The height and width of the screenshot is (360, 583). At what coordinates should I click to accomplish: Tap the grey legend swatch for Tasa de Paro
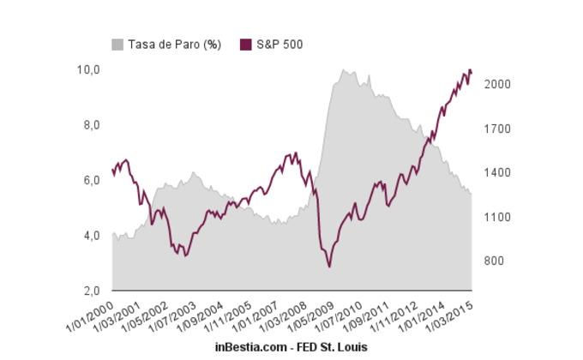pos(118,44)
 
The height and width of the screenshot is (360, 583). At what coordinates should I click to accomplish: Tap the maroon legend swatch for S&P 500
pos(247,44)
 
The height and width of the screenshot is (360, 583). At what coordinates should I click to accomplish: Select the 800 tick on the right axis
pos(494,261)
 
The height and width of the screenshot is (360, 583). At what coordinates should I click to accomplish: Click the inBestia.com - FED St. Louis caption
pos(291,345)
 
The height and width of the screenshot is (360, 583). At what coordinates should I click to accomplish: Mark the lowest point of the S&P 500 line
pos(329,267)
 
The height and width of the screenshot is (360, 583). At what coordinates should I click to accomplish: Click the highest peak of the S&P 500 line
pos(469,69)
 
